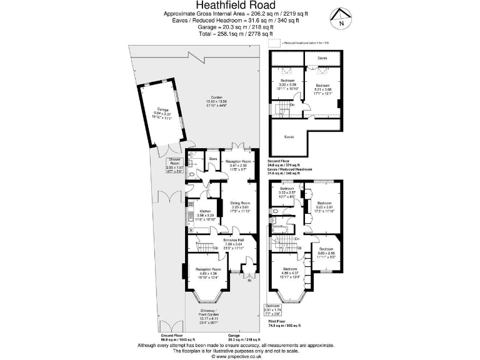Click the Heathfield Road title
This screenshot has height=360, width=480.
240,6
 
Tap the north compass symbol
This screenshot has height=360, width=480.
340,19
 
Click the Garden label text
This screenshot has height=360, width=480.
216,101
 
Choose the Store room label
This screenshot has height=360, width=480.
212,158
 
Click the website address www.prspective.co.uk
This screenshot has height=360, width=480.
240,356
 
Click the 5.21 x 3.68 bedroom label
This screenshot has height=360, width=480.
322,89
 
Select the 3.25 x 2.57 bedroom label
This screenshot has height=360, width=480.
287,192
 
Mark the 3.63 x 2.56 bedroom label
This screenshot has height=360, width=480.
326,252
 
